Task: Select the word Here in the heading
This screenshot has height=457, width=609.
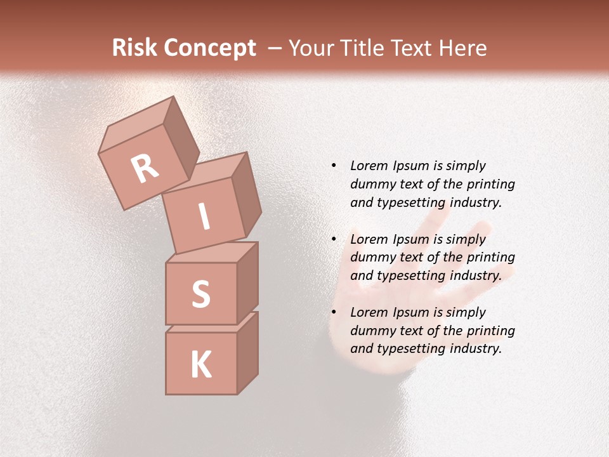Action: tap(464, 48)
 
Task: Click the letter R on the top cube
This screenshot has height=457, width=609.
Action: tap(145, 169)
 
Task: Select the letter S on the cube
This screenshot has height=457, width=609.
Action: tap(200, 295)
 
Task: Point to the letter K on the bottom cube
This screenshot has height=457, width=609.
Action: tap(200, 365)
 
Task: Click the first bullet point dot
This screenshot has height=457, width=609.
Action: tap(334, 166)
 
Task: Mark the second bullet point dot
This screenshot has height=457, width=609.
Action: tap(334, 239)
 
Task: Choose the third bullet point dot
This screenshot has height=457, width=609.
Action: tap(334, 312)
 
